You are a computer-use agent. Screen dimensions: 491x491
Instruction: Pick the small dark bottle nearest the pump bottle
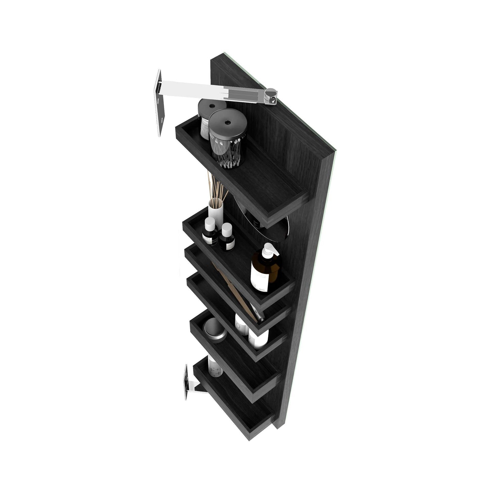pyautogui.click(x=227, y=238)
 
